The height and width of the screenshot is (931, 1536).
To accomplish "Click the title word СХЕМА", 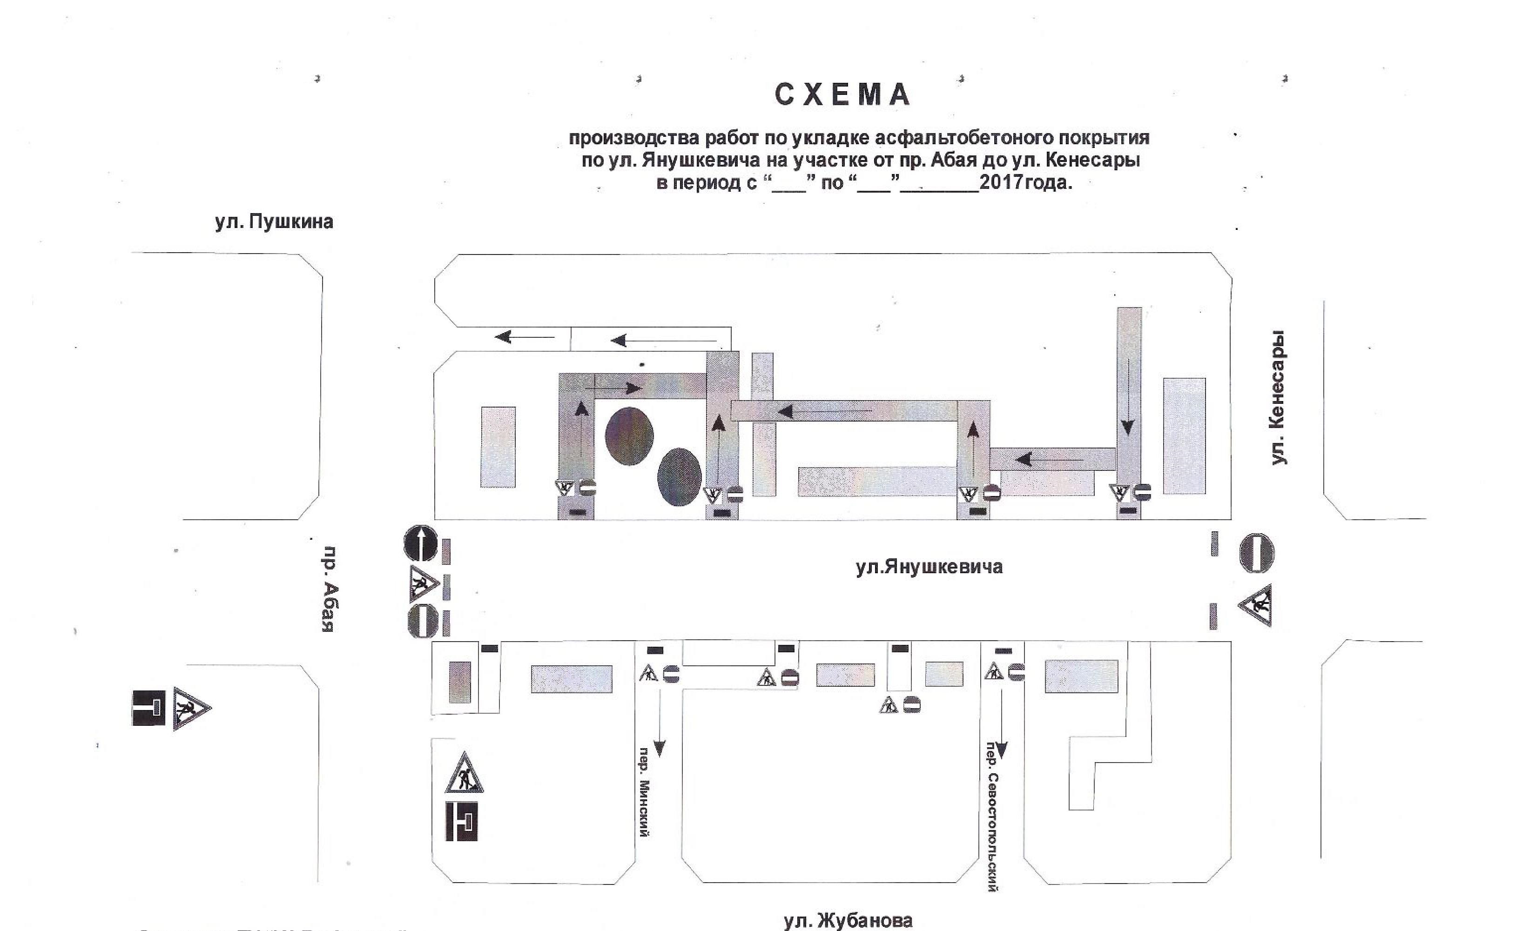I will [843, 95].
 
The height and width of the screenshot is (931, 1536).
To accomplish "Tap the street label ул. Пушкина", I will [274, 222].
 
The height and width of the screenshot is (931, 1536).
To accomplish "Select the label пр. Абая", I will [330, 589].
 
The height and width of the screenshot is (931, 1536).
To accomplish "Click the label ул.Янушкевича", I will [930, 567].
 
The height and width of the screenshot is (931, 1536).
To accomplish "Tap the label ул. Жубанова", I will [848, 920].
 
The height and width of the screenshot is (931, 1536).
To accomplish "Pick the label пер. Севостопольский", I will [992, 817].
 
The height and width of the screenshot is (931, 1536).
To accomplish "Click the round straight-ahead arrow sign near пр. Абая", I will [421, 543].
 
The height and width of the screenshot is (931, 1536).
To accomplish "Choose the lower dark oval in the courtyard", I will [679, 477].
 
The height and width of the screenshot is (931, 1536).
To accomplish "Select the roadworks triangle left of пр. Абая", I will [191, 709].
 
